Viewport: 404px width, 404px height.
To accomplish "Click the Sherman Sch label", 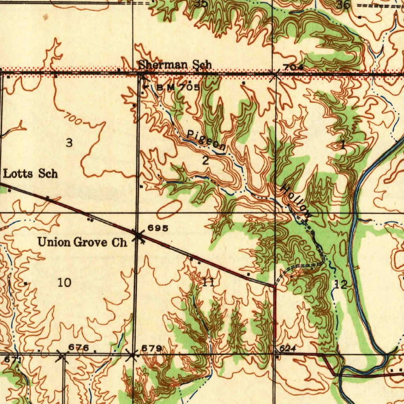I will (175, 64).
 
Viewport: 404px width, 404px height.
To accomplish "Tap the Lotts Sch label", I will (30, 173).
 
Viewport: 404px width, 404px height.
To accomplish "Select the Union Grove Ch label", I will (82, 242).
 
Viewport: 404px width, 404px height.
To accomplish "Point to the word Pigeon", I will (206, 140).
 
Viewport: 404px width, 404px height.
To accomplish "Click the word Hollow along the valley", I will (296, 202).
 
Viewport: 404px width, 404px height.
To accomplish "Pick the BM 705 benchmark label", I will (178, 87).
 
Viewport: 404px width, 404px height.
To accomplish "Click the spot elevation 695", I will (158, 228).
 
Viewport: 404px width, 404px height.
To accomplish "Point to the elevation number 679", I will (151, 348).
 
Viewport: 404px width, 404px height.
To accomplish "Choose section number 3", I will (69, 143).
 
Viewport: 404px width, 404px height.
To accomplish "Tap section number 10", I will (64, 282).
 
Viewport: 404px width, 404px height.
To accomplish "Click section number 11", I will (208, 282).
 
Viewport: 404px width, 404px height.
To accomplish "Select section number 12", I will (341, 284).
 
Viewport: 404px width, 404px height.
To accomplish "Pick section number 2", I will (205, 161).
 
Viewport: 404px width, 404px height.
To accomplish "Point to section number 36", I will (343, 5).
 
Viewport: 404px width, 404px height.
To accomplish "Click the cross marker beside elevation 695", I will (138, 236).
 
